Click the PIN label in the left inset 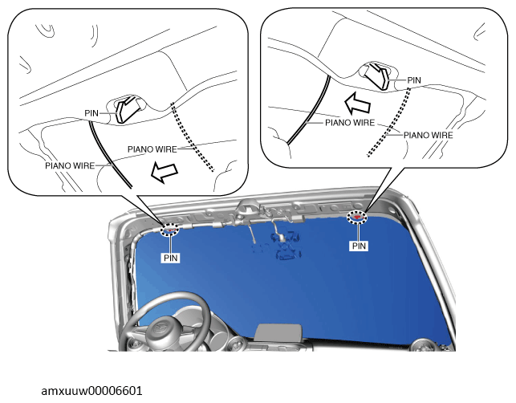coord(91,113)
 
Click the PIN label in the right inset coord(414,80)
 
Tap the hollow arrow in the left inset coord(165,172)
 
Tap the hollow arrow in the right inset coord(358,103)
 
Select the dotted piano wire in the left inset coord(193,137)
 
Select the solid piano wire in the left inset coord(108,155)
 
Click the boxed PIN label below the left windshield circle coord(171,258)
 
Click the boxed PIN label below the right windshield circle coord(359,246)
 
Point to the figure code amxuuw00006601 coord(91,391)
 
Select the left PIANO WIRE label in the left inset coord(70,165)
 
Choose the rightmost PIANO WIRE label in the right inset coord(429,136)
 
